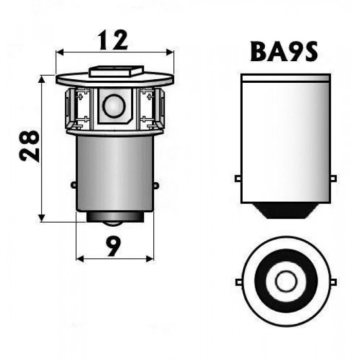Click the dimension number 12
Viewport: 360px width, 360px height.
click(113, 40)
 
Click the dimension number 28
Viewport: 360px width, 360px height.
click(29, 146)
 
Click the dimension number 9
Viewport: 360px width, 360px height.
click(114, 246)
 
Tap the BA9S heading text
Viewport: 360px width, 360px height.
click(284, 51)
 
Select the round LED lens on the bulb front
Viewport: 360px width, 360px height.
click(114, 106)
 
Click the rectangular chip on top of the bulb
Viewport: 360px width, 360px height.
click(116, 71)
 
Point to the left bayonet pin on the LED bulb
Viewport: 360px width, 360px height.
click(74, 185)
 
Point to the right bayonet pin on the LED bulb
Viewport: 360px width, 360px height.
click(156, 186)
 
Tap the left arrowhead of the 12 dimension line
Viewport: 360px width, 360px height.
click(60, 52)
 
